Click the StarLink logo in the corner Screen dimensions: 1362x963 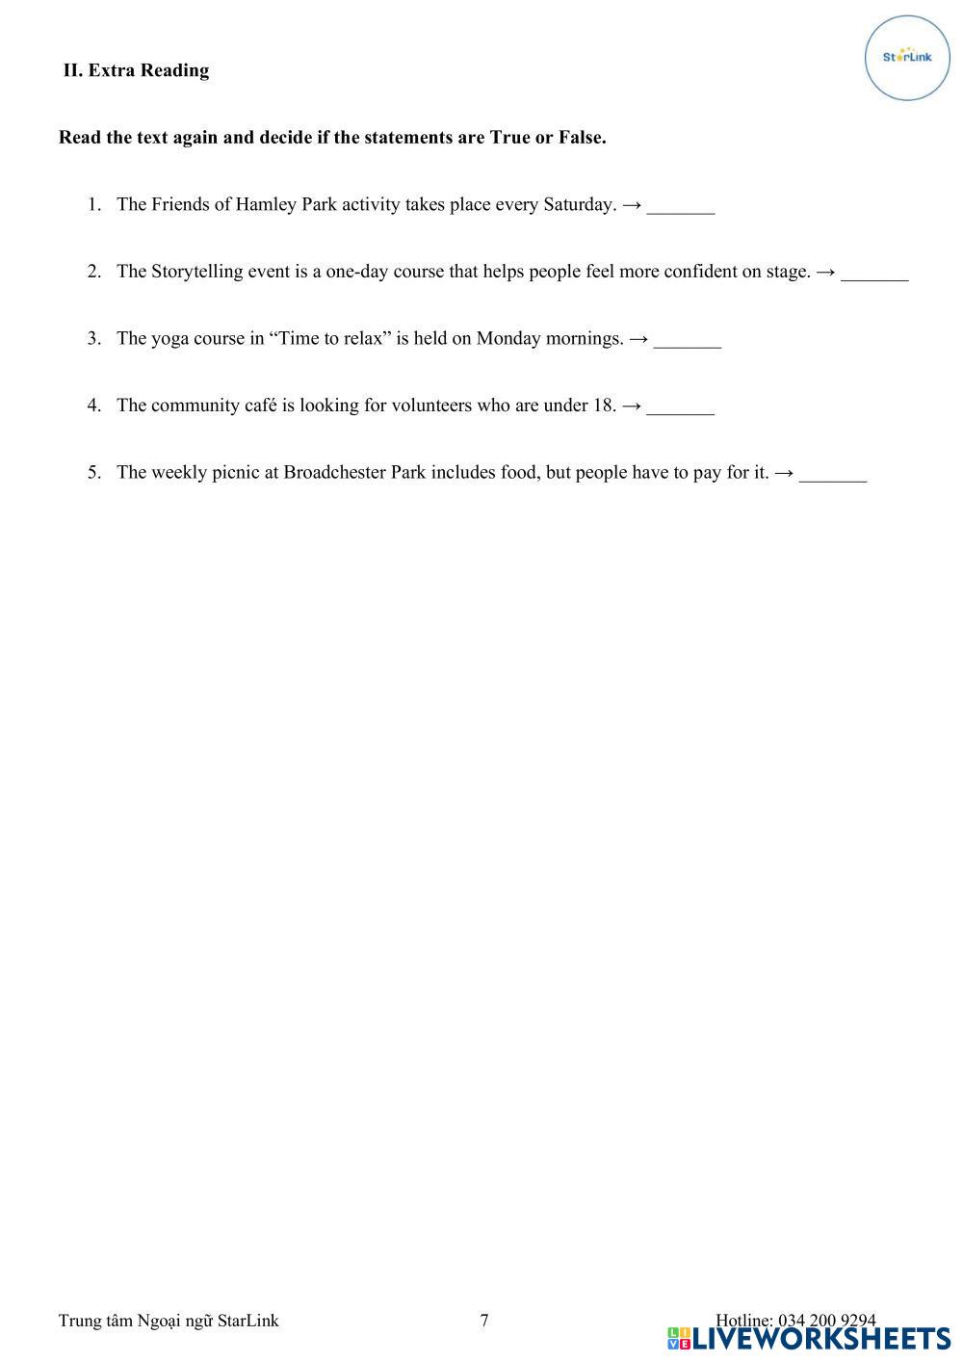pyautogui.click(x=907, y=58)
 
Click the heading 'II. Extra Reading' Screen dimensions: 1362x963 pyautogui.click(x=136, y=70)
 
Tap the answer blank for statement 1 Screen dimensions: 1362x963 pyautogui.click(x=681, y=205)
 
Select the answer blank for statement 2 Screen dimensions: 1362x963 pyautogui.click(x=874, y=273)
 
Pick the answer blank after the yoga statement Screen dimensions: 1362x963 pyautogui.click(x=687, y=339)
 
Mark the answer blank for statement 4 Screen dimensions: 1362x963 pyautogui.click(x=681, y=406)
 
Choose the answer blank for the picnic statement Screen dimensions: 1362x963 pyautogui.click(x=833, y=473)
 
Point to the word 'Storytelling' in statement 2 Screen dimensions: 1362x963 pyautogui.click(x=196, y=272)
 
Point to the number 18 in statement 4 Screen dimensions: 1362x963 pyautogui.click(x=604, y=406)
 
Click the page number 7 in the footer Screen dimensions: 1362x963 pyautogui.click(x=484, y=1321)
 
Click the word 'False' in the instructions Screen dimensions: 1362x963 pyautogui.click(x=581, y=138)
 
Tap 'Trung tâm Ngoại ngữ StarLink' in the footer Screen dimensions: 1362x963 pyautogui.click(x=169, y=1321)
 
